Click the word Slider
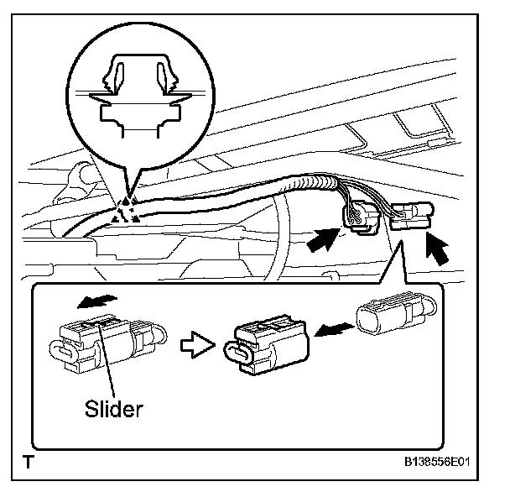[x=115, y=409]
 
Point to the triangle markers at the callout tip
[x=123, y=210]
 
